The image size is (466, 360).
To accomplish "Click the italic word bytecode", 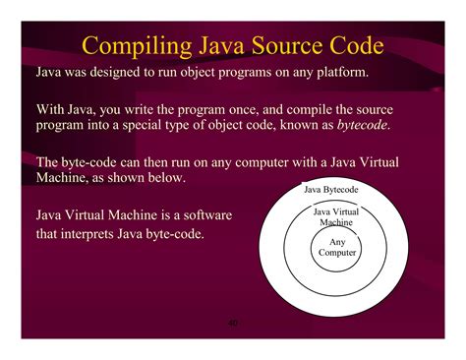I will (x=358, y=126).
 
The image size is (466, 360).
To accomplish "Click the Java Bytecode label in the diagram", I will (x=330, y=189).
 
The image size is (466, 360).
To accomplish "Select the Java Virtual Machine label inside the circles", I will (x=336, y=217).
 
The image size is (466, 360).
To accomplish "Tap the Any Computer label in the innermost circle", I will (x=337, y=247).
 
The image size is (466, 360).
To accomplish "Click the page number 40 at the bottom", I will (x=233, y=323).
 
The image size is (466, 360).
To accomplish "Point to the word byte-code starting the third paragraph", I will (x=87, y=161).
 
